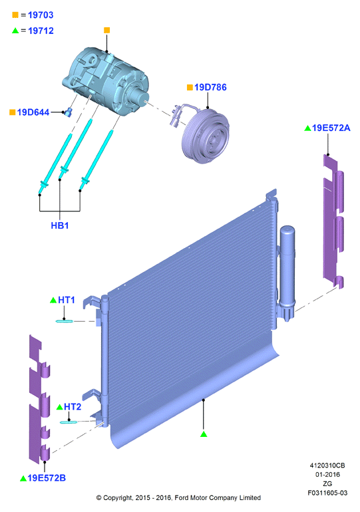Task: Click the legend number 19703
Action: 41,15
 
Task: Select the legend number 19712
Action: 41,31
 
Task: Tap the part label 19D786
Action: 210,87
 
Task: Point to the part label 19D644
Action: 33,112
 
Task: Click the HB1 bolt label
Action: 60,225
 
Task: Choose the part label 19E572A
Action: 331,128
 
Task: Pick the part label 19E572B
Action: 47,478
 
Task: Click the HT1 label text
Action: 67,300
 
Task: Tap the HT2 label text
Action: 73,406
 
